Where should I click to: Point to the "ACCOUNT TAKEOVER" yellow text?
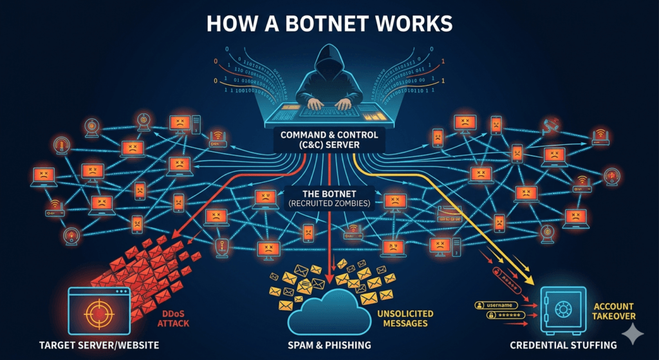(614, 312)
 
